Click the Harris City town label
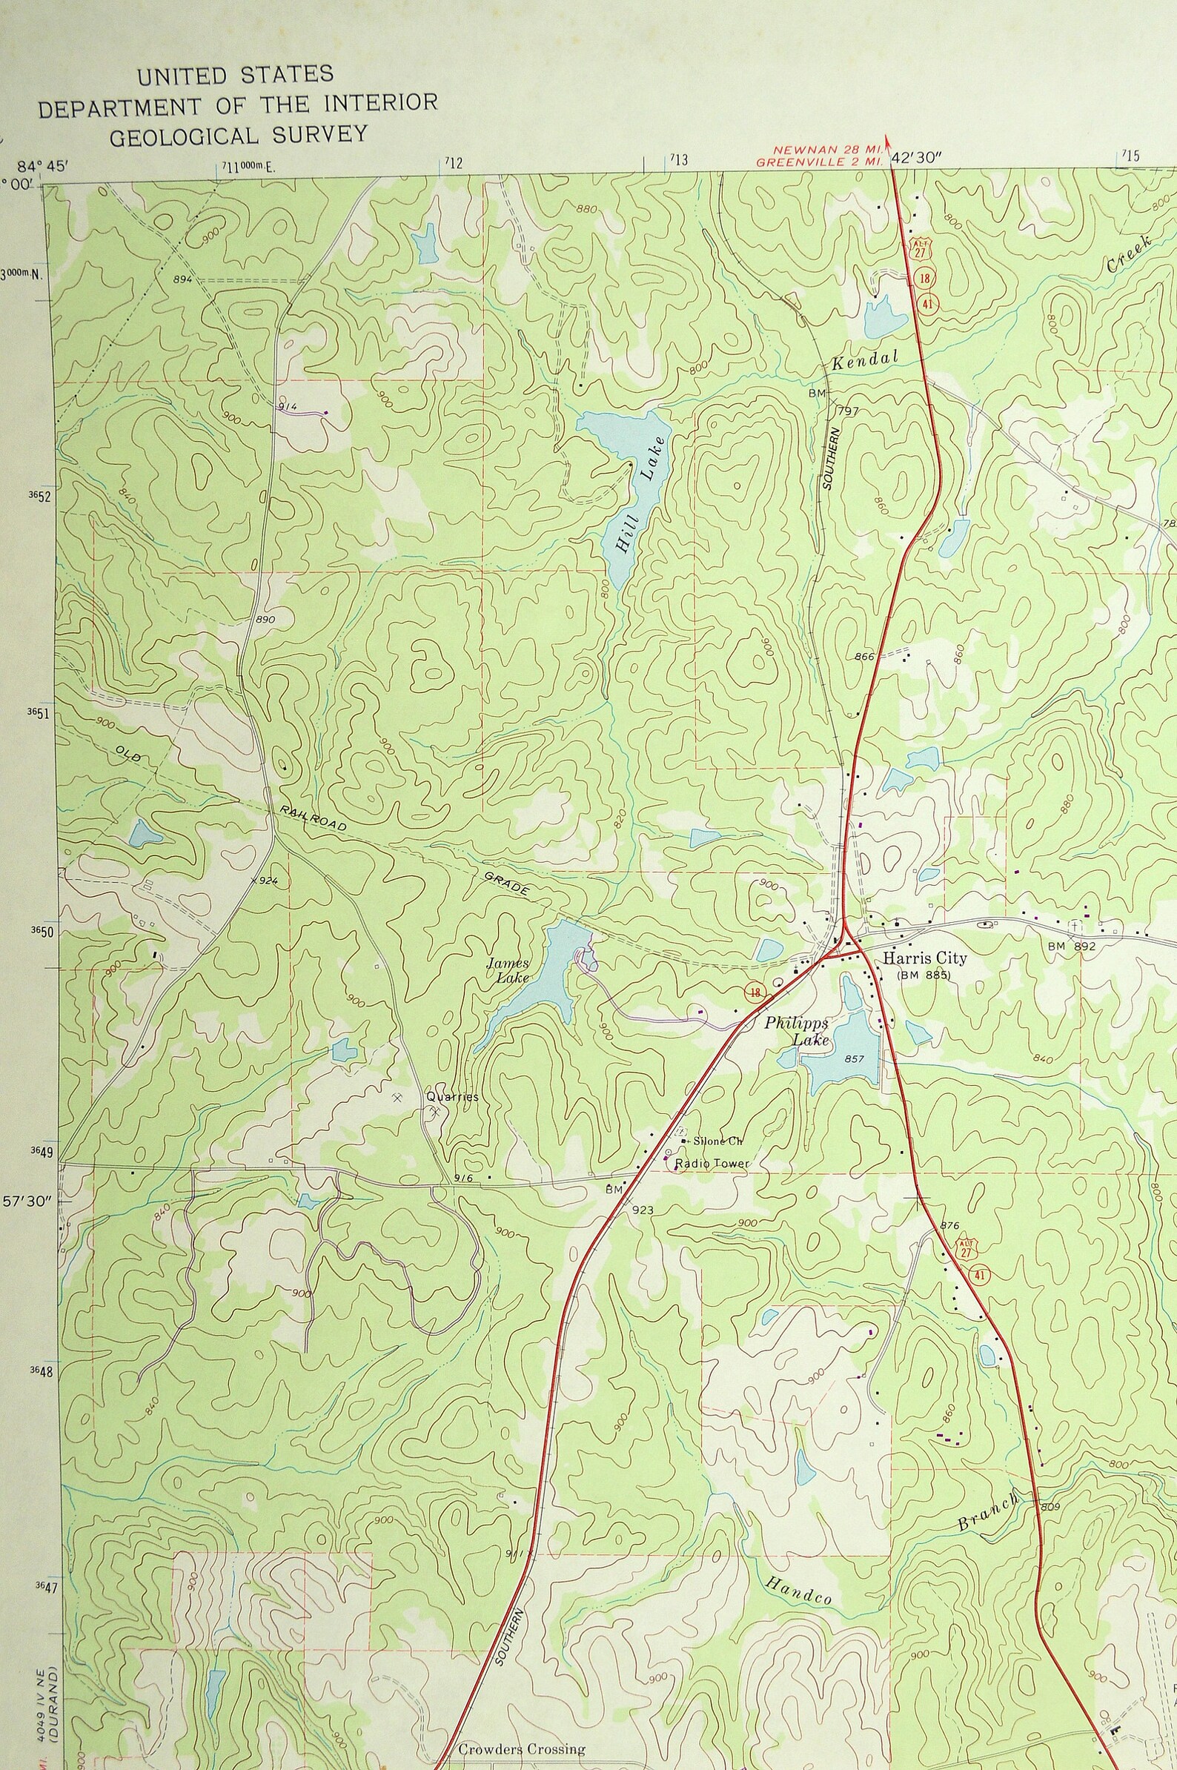[924, 958]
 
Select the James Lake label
[509, 969]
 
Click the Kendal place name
[865, 360]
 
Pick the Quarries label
[452, 1097]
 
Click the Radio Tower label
[712, 1164]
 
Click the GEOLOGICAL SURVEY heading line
[238, 136]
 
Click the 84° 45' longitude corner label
[42, 166]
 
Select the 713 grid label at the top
[679, 159]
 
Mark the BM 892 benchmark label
[1072, 947]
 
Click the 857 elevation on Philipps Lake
[855, 1058]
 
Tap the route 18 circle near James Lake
[755, 993]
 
